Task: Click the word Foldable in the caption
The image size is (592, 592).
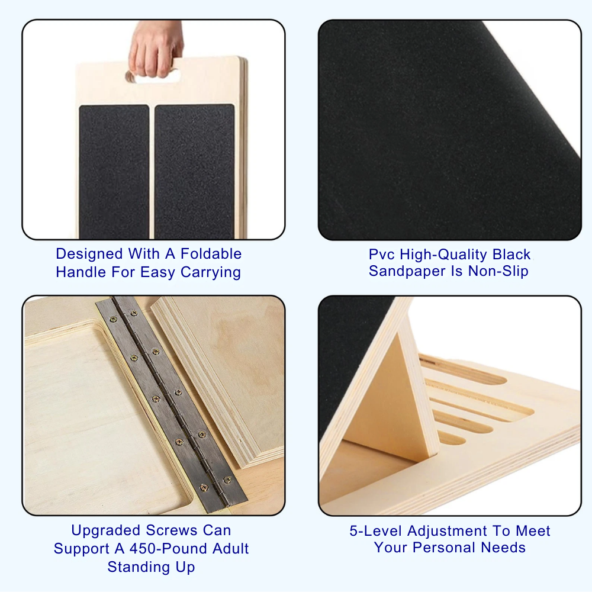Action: pos(211,254)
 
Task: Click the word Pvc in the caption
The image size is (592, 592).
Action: pos(382,255)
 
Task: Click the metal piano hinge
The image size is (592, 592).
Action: pos(169,403)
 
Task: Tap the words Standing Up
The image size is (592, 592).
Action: pos(151,567)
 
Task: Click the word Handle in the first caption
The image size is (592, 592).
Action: pos(80,272)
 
